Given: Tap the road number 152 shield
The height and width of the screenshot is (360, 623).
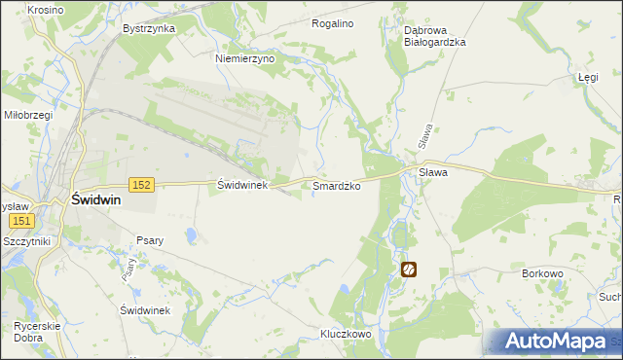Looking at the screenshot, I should click(x=142, y=185).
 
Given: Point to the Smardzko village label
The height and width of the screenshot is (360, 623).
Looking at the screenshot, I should click(x=337, y=185).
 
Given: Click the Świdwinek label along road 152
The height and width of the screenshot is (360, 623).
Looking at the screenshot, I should click(x=241, y=184).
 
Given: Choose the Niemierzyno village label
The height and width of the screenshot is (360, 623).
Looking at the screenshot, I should click(x=245, y=58).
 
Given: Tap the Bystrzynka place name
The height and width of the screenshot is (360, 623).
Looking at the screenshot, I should click(x=149, y=28).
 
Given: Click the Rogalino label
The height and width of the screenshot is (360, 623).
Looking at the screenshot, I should click(x=332, y=22).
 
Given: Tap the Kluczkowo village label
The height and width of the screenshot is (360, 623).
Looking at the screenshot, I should click(x=347, y=334).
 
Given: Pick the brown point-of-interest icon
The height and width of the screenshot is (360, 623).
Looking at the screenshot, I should click(x=409, y=270).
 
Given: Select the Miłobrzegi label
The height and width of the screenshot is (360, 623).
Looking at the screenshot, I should click(x=27, y=115).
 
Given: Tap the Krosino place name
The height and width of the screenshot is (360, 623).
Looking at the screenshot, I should click(x=46, y=10).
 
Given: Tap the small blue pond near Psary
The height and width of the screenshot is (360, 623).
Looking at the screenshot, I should click(x=193, y=236).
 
